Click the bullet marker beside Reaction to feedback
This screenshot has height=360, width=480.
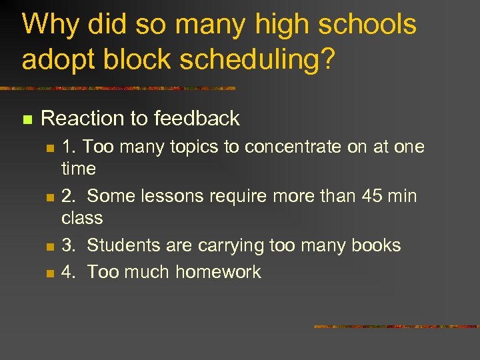click(27, 120)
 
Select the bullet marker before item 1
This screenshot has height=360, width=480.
click(49, 148)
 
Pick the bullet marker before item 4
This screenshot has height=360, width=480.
click(49, 273)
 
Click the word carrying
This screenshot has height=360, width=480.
click(231, 246)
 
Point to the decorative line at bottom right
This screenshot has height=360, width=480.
click(397, 327)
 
